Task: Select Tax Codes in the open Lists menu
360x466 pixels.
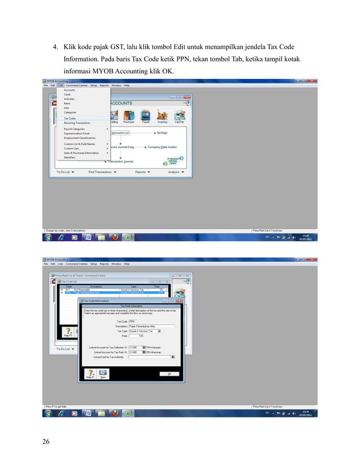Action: point(70,118)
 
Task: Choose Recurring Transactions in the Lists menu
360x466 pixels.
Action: point(77,122)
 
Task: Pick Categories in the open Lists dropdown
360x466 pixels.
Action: point(71,112)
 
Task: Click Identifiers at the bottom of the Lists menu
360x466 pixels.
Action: point(70,157)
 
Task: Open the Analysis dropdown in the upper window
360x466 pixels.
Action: point(175,172)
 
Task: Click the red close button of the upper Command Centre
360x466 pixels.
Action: point(188,97)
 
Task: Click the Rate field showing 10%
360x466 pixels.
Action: point(136,336)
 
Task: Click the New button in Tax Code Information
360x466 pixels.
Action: point(103,374)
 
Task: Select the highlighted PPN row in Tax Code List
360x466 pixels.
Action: point(113,293)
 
